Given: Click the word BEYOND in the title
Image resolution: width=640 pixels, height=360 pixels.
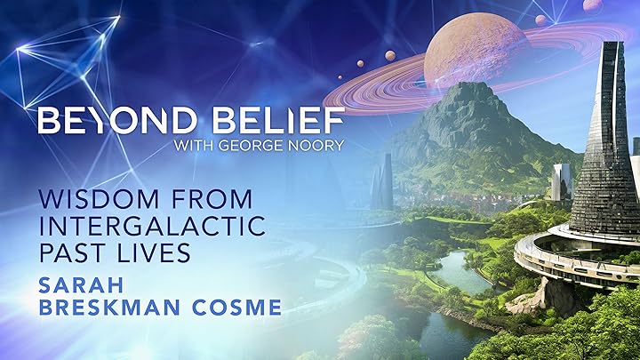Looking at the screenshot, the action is point(117,121).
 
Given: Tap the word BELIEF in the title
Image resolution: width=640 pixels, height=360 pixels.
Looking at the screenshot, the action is point(278,121).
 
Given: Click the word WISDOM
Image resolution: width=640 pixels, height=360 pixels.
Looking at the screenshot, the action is point(99,199).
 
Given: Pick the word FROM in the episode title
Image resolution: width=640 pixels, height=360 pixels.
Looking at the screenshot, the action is point(212,199).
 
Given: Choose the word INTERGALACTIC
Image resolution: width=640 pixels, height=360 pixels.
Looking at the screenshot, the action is point(152,226).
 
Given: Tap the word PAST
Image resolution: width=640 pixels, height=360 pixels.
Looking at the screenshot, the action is point(72,252).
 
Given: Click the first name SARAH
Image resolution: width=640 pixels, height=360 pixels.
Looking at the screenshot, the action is point(81,285).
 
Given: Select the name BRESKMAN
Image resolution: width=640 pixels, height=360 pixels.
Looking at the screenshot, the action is point(109,308).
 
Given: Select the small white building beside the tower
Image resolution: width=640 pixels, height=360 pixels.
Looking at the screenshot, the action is point(562,182).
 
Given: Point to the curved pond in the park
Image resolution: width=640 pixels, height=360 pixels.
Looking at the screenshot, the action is point(461,271).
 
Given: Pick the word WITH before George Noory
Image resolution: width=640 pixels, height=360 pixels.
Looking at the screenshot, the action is point(195,145).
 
